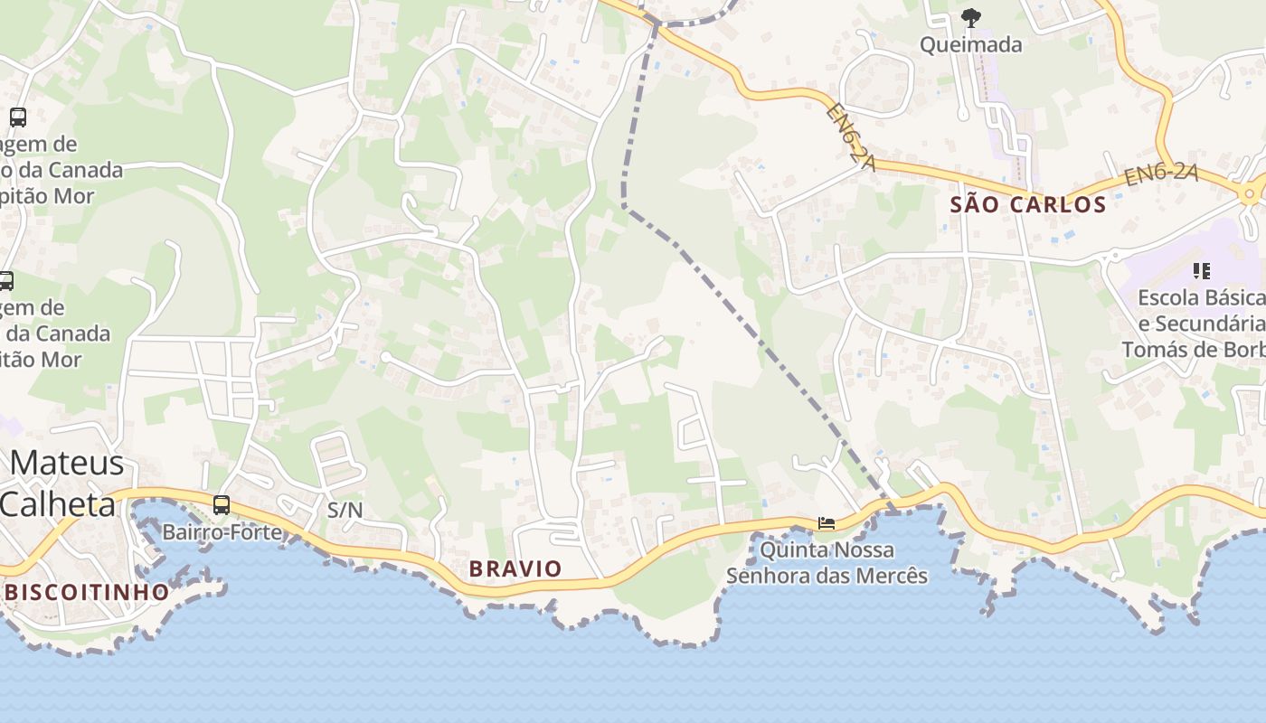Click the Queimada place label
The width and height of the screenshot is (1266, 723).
[970, 44]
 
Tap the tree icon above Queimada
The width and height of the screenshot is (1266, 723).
[971, 17]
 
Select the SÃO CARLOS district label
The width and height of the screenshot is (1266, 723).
[1028, 204]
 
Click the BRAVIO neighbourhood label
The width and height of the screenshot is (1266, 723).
[515, 568]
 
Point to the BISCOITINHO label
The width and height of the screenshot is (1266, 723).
[87, 593]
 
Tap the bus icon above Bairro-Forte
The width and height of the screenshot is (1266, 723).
[222, 505]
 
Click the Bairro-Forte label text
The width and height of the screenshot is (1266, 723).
[222, 532]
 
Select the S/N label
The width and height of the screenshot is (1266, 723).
[345, 510]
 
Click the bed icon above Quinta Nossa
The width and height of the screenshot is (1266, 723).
[827, 522]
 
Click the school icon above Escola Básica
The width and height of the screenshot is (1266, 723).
[1202, 270]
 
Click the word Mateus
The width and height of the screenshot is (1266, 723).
[67, 463]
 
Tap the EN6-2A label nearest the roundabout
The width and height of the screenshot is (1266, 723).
[1161, 174]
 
